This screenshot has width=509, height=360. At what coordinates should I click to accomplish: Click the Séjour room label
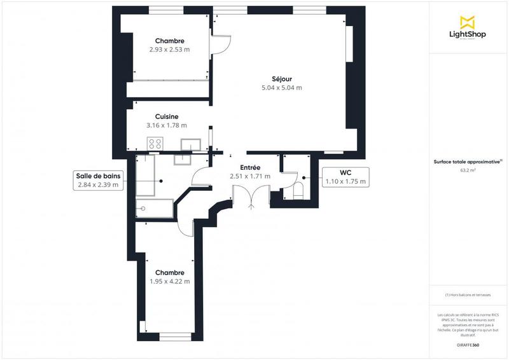[281, 79]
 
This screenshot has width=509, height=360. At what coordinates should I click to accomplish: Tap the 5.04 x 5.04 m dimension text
[281, 88]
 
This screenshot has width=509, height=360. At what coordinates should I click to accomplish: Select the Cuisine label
[166, 116]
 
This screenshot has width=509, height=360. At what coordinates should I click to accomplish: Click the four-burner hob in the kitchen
[155, 144]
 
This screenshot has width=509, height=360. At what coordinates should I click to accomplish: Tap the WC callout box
[345, 177]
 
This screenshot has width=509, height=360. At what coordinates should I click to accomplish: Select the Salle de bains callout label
[98, 181]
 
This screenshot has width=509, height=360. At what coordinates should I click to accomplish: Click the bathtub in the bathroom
[155, 208]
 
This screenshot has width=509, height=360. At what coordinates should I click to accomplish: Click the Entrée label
[245, 167]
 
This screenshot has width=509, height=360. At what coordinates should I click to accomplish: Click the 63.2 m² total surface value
[468, 170]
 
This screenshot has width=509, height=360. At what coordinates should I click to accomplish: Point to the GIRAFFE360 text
[468, 343]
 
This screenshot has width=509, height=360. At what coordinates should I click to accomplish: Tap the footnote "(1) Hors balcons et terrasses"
[468, 295]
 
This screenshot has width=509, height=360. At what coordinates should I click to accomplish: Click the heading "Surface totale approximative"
[466, 162]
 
